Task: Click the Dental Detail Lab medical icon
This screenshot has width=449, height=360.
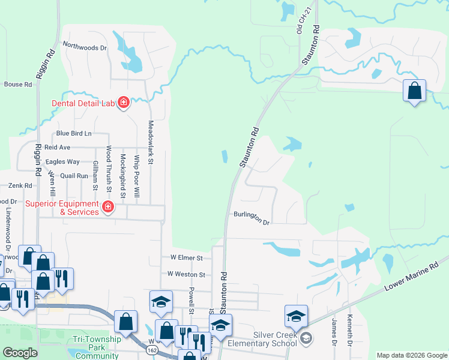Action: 124,103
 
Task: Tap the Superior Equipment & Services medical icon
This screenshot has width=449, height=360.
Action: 108,208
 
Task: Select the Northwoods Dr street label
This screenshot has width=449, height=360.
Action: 85,46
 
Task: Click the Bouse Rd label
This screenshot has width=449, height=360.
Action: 17,85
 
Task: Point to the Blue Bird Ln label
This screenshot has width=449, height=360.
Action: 74,133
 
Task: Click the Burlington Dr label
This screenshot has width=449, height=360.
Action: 252,217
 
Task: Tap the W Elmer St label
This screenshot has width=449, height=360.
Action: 184,258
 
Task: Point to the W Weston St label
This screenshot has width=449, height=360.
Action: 186,274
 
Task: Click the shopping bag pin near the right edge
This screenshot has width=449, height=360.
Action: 414,92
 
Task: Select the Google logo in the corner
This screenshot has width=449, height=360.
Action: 20,353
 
